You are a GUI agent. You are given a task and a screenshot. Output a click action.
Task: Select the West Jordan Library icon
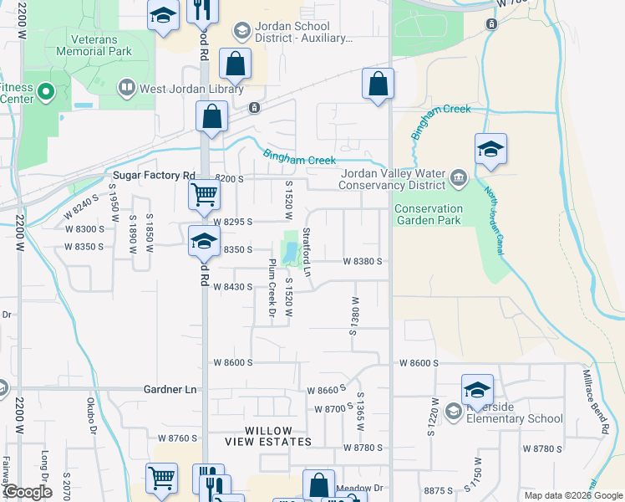127,86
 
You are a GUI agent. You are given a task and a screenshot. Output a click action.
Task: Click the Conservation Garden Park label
428,215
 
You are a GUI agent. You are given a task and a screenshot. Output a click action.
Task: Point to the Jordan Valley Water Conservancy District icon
459,177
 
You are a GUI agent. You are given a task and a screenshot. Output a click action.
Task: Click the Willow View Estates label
267,436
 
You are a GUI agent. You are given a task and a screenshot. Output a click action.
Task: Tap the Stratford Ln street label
307,253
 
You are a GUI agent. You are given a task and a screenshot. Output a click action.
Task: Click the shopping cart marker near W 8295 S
204,197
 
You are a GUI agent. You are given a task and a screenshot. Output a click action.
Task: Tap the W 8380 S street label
362,261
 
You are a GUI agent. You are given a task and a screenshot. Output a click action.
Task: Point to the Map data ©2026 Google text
573,495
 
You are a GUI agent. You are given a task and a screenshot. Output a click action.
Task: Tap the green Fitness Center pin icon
44,91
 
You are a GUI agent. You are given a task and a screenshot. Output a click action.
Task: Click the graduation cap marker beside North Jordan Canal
490,151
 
